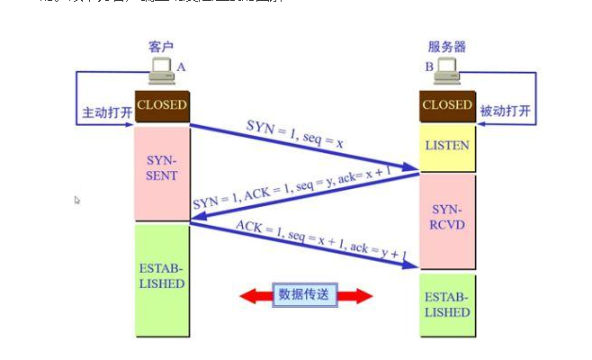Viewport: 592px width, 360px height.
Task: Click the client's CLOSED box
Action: [x=162, y=105]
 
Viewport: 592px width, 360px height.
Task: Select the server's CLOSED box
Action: [x=447, y=105]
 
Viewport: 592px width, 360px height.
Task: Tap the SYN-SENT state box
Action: [x=162, y=167]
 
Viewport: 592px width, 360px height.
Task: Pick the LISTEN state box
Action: [x=447, y=145]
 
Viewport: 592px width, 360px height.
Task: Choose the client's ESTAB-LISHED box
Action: [x=162, y=276]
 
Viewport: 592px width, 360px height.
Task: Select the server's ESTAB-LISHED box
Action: [x=447, y=305]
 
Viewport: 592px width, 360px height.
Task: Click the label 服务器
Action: [x=447, y=46]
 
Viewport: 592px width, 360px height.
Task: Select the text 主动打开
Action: [x=106, y=113]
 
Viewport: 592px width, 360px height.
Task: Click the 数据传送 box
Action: [x=305, y=294]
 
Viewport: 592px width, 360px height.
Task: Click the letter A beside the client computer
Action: [x=181, y=67]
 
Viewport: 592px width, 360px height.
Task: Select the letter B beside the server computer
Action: [x=428, y=67]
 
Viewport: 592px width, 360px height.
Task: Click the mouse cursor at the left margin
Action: [x=77, y=201]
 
